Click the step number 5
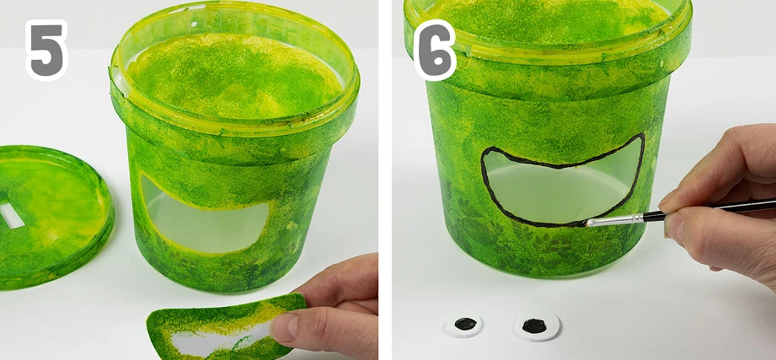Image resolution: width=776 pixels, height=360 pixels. (x=46, y=50)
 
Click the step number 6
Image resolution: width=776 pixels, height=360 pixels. (x=435, y=50)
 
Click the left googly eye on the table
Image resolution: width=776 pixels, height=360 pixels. (x=463, y=325)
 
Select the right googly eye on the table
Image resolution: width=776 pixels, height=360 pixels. (x=536, y=325)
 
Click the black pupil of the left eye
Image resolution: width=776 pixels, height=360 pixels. (x=465, y=324)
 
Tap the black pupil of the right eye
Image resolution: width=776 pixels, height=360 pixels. (x=534, y=325)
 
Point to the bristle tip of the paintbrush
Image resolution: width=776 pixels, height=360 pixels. (x=586, y=223)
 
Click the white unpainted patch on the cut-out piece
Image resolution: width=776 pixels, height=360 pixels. (x=217, y=341)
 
